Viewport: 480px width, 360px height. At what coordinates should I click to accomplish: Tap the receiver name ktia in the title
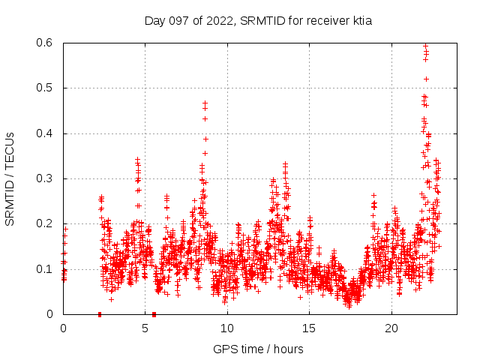[x=359, y=21]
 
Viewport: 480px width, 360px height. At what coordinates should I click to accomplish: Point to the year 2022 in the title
[x=223, y=21]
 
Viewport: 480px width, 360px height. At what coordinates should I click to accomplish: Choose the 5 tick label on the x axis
[x=145, y=328]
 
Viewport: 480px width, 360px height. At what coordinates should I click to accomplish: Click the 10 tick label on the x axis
[x=227, y=328]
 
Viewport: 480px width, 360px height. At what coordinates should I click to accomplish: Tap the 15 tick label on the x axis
[x=310, y=328]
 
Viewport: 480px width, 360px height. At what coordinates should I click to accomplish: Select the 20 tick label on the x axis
[x=391, y=328]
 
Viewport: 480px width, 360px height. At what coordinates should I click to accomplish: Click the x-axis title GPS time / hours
[x=258, y=349]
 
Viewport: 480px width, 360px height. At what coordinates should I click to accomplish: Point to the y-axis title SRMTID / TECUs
[x=10, y=178]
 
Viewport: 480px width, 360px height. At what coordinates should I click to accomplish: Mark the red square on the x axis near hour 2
[x=100, y=314]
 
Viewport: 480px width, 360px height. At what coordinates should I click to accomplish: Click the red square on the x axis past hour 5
[x=154, y=314]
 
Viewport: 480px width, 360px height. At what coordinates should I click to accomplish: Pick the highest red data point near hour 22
[x=425, y=46]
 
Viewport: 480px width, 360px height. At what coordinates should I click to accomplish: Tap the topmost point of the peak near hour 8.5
[x=205, y=103]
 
